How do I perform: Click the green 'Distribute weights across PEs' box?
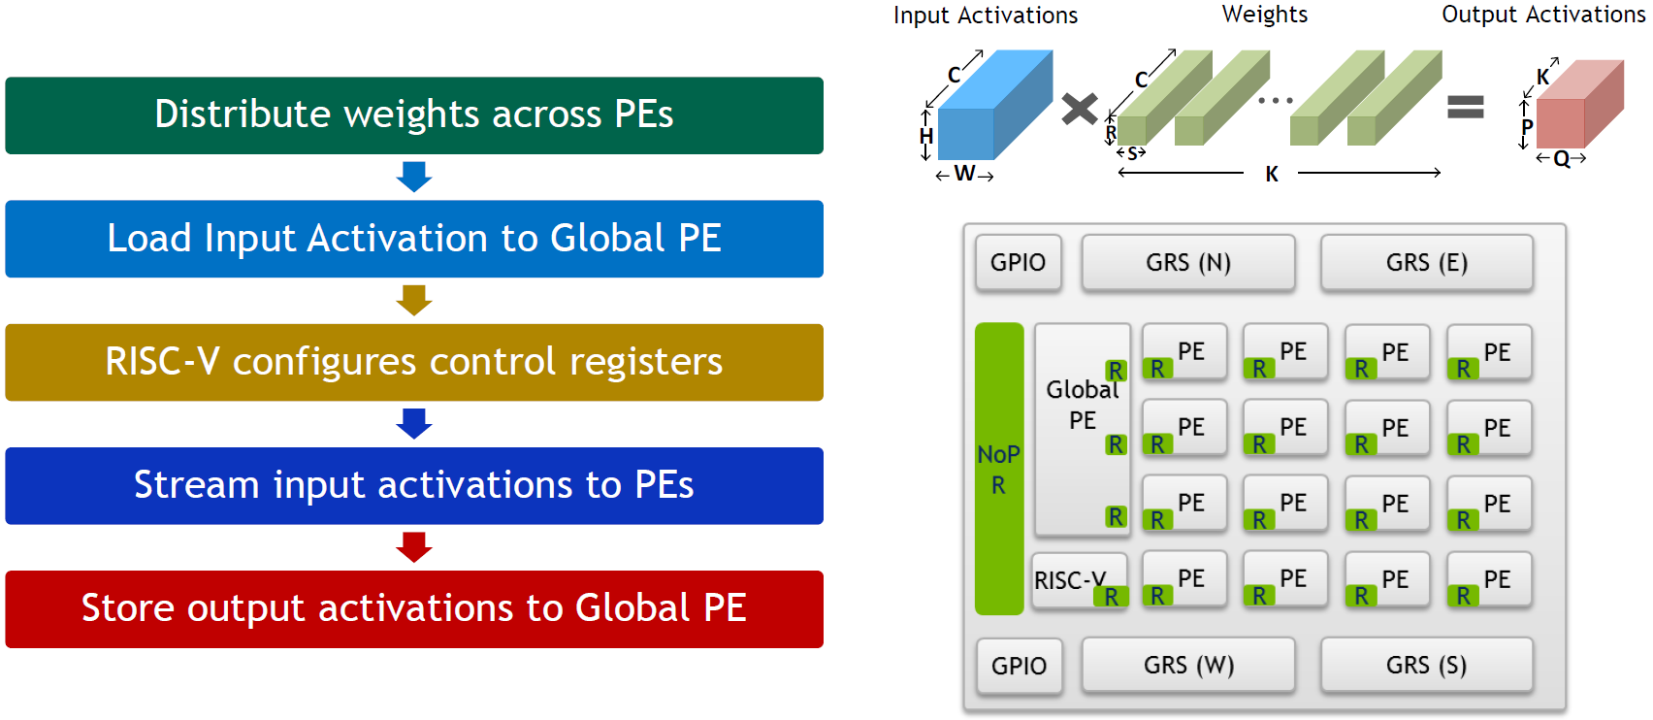click(x=414, y=115)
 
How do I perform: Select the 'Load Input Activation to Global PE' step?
click(x=414, y=239)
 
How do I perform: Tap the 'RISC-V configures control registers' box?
click(x=414, y=362)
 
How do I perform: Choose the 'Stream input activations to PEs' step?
click(x=414, y=485)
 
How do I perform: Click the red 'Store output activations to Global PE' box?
click(x=414, y=608)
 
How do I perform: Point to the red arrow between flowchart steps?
click(x=414, y=546)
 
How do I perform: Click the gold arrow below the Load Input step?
click(x=414, y=300)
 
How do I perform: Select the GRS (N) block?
click(x=1188, y=262)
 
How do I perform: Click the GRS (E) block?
click(x=1426, y=262)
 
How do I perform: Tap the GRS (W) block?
click(x=1188, y=665)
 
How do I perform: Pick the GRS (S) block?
click(x=1426, y=665)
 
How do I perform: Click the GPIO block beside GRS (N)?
click(x=1019, y=262)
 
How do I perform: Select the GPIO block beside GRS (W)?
click(x=1019, y=666)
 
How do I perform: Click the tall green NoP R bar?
click(x=999, y=469)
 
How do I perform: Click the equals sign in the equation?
click(x=1466, y=107)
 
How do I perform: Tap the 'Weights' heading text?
click(x=1265, y=15)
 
